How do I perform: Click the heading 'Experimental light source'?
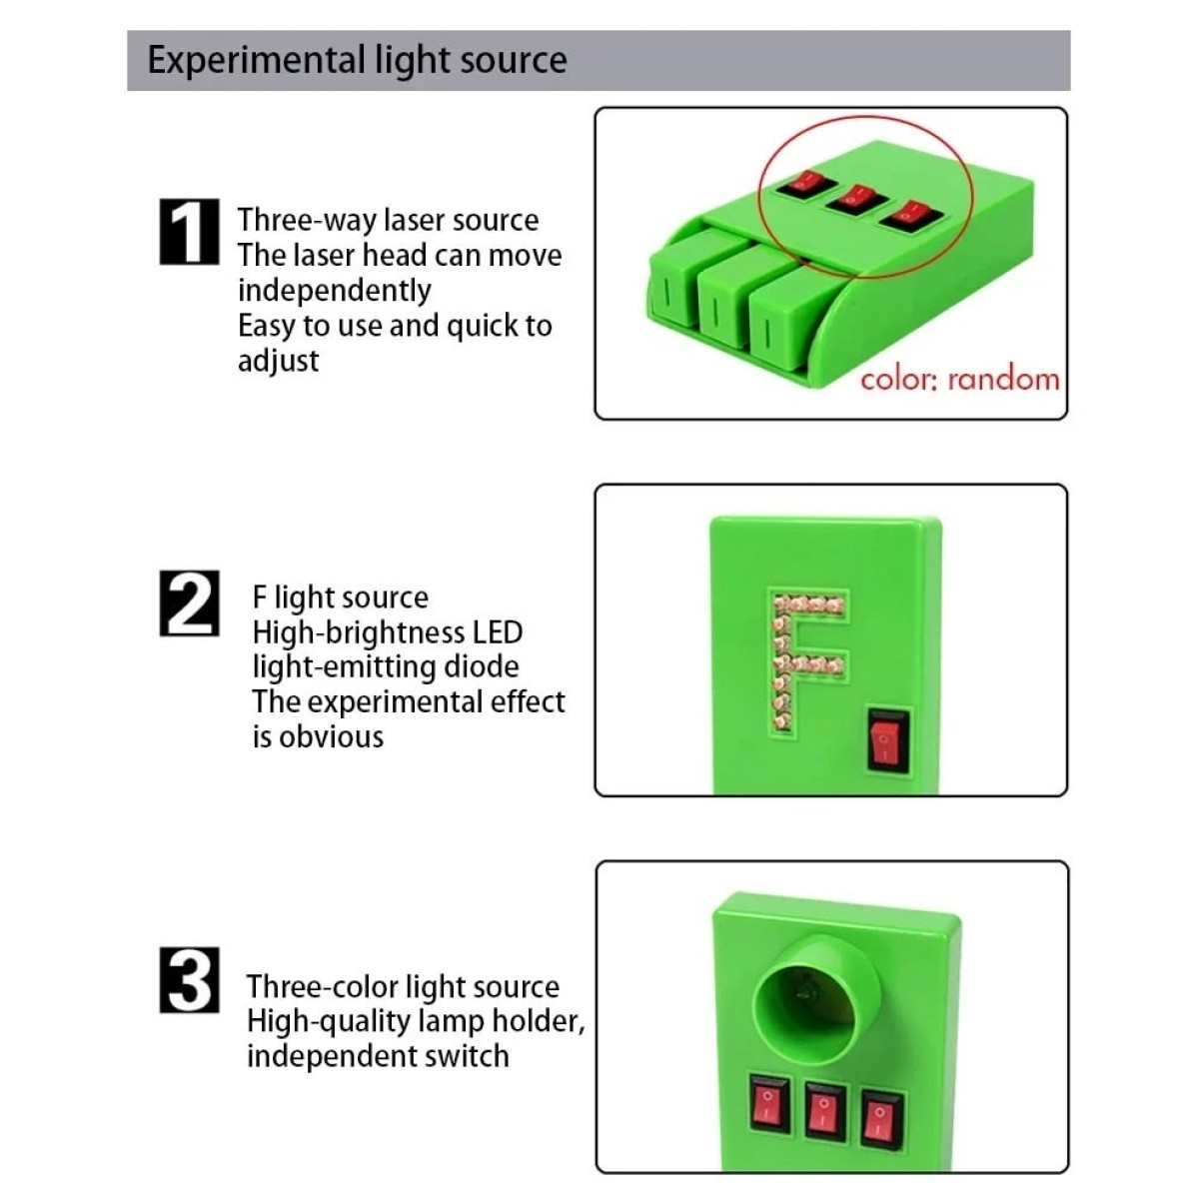(x=357, y=60)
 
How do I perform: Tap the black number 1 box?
(x=189, y=232)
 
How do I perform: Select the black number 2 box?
(x=189, y=603)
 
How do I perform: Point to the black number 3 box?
(x=189, y=981)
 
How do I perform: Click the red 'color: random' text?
(x=959, y=380)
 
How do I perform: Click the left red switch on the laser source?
(x=807, y=183)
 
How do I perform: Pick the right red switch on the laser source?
(x=912, y=211)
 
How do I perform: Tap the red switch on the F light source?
(x=888, y=740)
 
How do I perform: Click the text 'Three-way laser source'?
(x=388, y=220)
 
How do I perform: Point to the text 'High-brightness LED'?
(x=388, y=632)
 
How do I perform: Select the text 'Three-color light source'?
(x=403, y=987)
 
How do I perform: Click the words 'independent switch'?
(x=378, y=1056)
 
